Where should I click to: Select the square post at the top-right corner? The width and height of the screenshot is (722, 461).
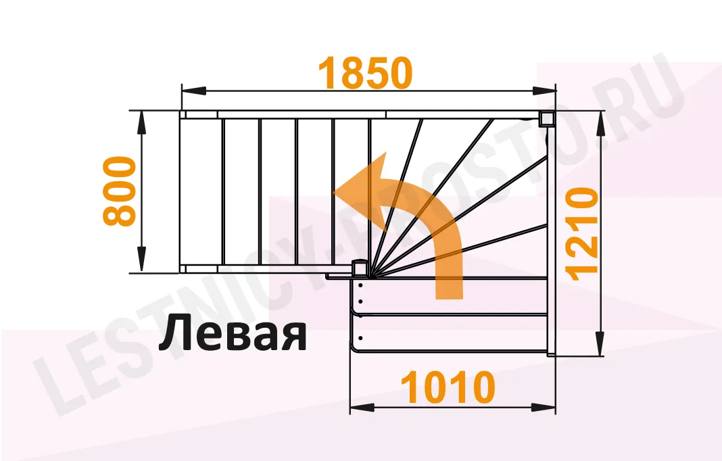click(546, 120)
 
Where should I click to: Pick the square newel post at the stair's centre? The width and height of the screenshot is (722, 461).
click(360, 269)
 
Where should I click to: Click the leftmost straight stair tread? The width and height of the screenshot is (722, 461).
click(201, 191)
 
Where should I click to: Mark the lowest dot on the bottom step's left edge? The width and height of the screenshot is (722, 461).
click(361, 337)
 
